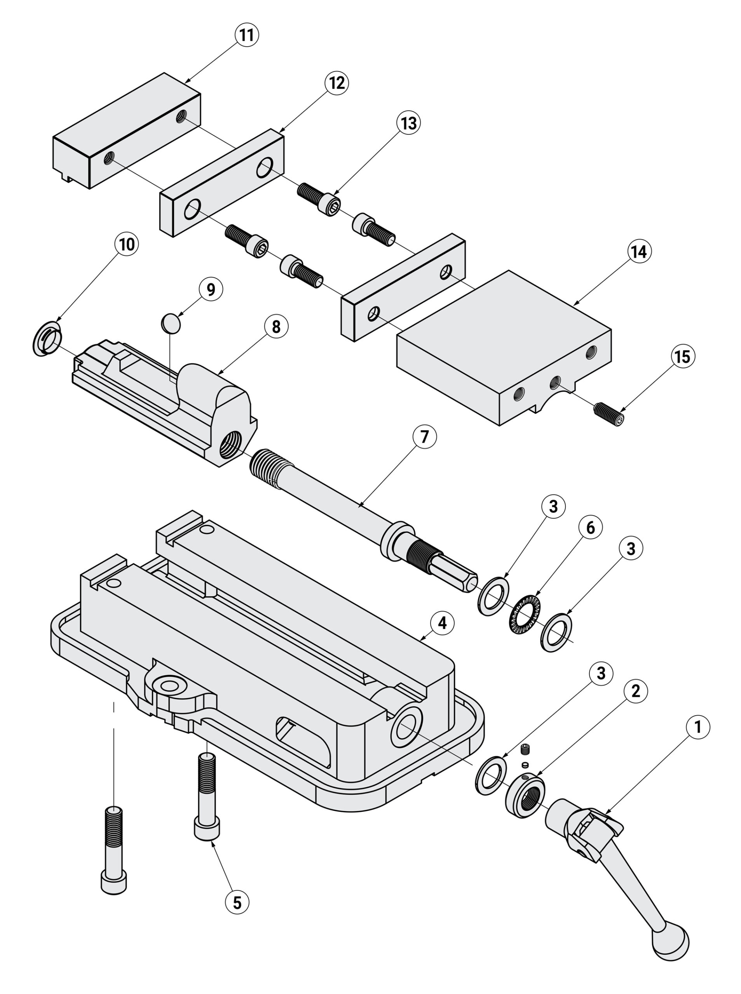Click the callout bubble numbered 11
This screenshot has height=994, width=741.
[x=247, y=35]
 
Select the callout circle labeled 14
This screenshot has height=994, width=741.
[x=639, y=252]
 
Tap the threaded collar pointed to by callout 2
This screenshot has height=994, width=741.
[x=525, y=796]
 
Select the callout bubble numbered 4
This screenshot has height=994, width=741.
[x=442, y=623]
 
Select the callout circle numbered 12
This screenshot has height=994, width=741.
[x=337, y=83]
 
